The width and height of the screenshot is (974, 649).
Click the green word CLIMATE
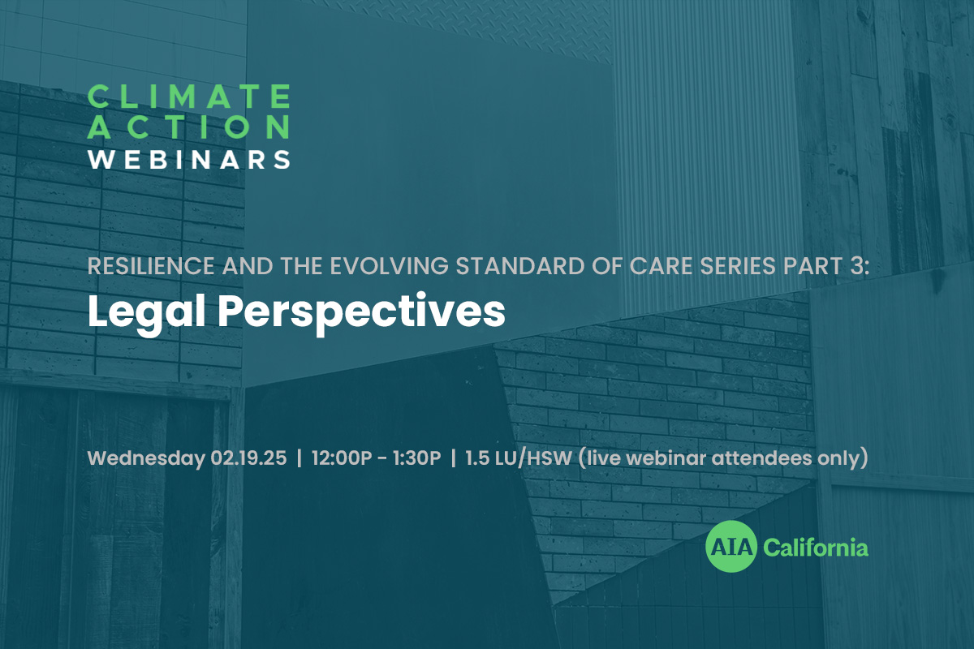189,97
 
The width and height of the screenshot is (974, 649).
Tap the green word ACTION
189,127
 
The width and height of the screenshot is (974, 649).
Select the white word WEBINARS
189,160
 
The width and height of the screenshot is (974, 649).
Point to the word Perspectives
361,313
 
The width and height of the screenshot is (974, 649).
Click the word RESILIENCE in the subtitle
151,266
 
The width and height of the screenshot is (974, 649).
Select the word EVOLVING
389,266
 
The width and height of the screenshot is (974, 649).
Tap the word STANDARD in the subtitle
520,266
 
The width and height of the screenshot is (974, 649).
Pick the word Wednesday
147,459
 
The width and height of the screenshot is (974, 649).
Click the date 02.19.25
248,458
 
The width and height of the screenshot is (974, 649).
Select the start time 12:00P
342,458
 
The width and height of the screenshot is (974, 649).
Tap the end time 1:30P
416,458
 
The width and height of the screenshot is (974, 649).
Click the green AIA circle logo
731,547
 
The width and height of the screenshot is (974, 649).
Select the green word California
816,548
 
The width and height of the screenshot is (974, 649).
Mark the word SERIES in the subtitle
739,266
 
